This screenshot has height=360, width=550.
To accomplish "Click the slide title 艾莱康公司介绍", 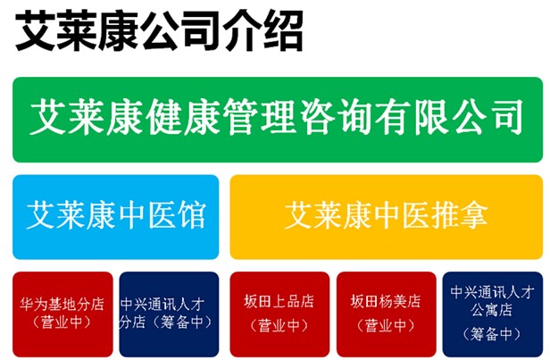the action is (159, 31).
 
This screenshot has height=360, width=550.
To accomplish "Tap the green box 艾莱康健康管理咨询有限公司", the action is (278, 120).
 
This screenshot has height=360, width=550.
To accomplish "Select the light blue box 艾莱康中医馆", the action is (116, 217).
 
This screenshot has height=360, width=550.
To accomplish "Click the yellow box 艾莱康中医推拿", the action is (387, 217).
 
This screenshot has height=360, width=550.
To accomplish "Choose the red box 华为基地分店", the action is (62, 314).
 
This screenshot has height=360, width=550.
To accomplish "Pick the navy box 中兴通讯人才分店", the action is (169, 314).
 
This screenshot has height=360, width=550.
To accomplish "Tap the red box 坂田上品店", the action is (279, 314).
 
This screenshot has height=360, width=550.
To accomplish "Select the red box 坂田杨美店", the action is (387, 314).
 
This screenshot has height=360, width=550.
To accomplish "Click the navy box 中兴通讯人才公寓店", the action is (493, 314).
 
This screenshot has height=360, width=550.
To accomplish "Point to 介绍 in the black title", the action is (262, 31).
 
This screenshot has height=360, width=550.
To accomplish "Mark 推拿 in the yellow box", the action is (460, 214).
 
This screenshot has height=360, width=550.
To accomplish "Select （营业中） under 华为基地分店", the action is (62, 322).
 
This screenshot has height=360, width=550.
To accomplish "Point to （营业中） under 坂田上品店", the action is (279, 326).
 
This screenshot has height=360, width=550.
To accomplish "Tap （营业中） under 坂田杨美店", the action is (386, 326).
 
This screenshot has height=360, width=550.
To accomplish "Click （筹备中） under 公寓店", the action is (492, 334).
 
